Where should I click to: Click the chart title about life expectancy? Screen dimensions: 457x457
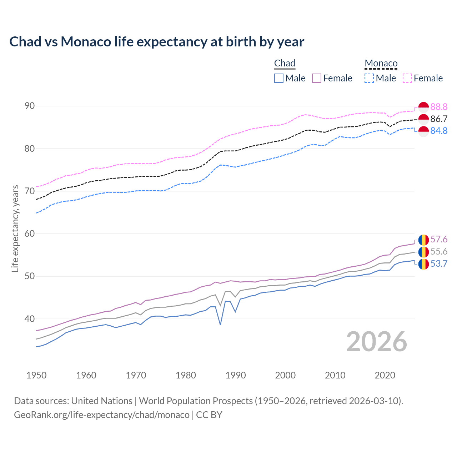point(157,42)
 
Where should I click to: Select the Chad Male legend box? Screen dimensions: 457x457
point(279,78)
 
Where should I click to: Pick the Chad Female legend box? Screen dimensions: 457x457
point(317,78)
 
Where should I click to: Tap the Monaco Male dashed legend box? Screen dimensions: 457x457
point(369,78)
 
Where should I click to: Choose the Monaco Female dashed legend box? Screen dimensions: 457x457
point(407,78)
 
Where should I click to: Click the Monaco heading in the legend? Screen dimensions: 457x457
point(381,64)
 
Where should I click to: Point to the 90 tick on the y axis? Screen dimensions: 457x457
point(30,106)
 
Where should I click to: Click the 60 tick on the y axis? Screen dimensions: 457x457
point(30,234)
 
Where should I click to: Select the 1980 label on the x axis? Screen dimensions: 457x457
point(186,375)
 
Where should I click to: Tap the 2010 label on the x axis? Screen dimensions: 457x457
point(335,375)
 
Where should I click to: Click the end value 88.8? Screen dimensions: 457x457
point(439,107)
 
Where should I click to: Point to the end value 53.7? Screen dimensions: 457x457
point(439,264)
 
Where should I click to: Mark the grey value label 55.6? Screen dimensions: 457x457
point(439,252)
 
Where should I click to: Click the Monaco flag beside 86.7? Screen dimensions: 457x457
point(423,119)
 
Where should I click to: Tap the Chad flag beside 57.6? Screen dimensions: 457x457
point(423,240)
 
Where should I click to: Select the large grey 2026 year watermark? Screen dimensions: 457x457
point(376,342)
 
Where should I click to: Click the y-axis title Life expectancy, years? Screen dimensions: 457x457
point(15,228)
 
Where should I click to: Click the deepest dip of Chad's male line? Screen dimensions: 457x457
point(220,325)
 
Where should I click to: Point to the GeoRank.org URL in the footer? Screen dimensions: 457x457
point(102,415)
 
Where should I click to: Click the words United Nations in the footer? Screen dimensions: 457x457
point(102,401)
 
